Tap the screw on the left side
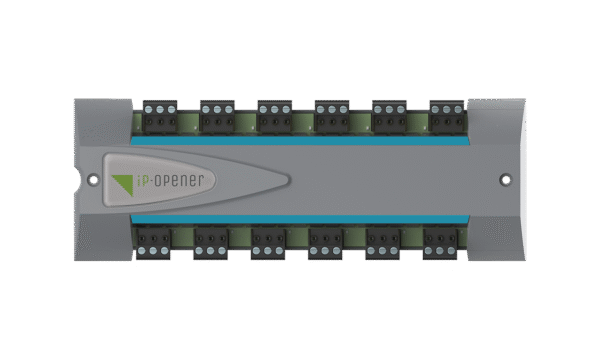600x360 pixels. (93, 181)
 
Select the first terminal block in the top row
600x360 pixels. (159, 115)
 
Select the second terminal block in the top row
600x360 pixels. (216, 115)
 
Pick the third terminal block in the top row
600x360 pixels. (273, 115)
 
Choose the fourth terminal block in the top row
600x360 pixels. (330, 115)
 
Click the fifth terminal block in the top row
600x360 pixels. (387, 115)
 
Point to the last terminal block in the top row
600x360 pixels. (445, 115)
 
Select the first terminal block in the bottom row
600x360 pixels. (153, 241)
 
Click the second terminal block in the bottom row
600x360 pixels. (210, 241)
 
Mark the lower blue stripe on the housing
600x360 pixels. (300, 220)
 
